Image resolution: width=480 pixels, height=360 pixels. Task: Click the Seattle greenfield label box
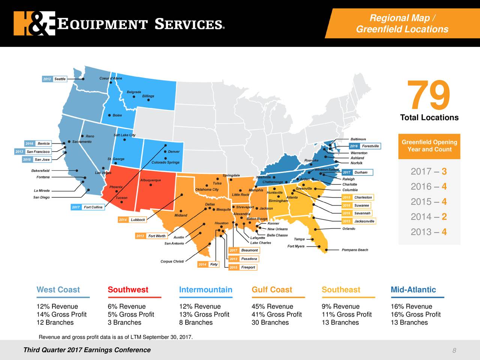click(x=54, y=79)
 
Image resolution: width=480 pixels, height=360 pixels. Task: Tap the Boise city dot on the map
click(x=109, y=115)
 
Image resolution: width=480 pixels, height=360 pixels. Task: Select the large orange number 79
click(x=429, y=96)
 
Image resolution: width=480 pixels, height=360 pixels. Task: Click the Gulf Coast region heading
click(x=271, y=290)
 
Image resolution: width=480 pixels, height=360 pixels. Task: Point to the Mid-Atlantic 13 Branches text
click(x=409, y=322)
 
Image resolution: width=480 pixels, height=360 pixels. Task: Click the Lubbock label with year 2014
click(x=132, y=220)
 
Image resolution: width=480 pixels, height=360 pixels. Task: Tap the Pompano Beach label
click(x=355, y=250)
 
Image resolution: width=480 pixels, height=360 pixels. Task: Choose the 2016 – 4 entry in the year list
click(x=429, y=187)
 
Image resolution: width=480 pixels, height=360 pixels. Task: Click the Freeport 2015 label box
click(x=243, y=267)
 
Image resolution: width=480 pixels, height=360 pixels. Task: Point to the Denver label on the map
click(x=174, y=152)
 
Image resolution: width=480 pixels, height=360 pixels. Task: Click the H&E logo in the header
click(x=34, y=23)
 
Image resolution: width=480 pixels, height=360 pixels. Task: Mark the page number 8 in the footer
click(x=454, y=351)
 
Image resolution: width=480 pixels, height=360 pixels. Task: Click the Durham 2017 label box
click(x=357, y=172)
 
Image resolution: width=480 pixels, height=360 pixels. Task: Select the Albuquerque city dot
click(x=151, y=185)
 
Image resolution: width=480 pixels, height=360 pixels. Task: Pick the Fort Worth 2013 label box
click(x=151, y=236)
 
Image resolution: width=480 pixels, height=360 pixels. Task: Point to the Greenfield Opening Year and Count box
click(x=429, y=146)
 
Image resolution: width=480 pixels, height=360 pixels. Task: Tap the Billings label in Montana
click(x=148, y=96)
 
